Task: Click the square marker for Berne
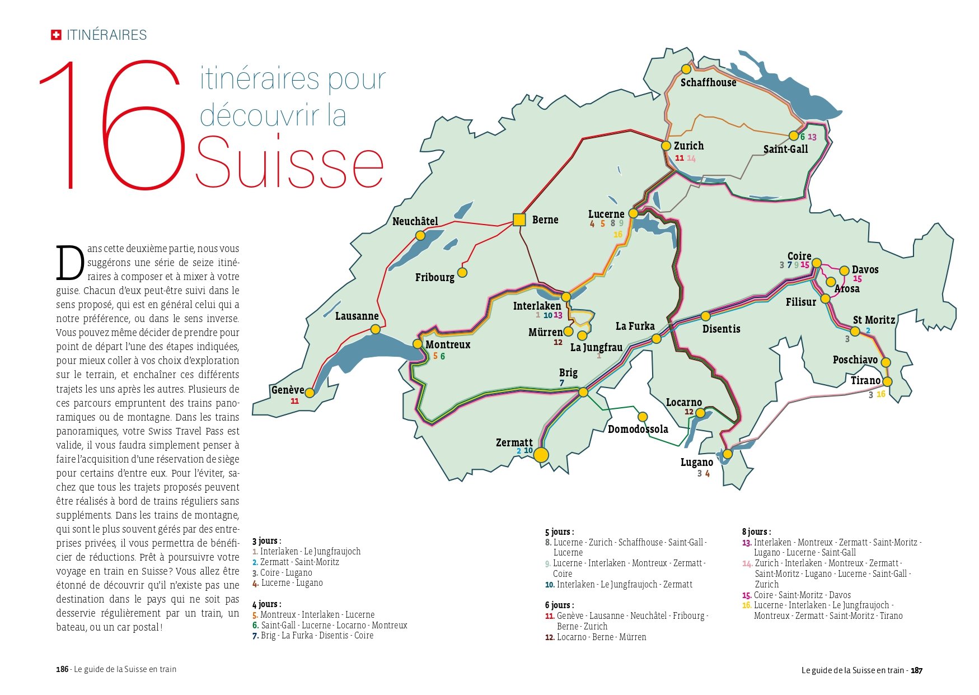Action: (x=519, y=220)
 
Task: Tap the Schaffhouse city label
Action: (x=708, y=82)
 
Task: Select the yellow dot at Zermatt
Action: (x=541, y=455)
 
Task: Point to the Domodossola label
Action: (x=638, y=429)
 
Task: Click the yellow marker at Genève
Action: (x=310, y=393)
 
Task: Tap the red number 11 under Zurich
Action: (x=679, y=158)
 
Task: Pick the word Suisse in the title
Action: (x=289, y=163)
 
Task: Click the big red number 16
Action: (x=112, y=126)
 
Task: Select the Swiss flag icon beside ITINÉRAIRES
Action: (x=56, y=35)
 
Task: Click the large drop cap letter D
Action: (x=70, y=263)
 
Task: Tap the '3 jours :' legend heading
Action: (x=266, y=541)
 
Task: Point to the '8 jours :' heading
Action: (x=756, y=531)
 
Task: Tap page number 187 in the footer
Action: (x=916, y=670)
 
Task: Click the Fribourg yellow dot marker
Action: (x=462, y=273)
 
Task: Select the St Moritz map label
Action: (x=873, y=320)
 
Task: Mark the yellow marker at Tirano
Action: (x=887, y=382)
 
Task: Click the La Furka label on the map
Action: (x=635, y=326)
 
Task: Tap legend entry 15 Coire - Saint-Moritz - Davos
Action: (x=796, y=595)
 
